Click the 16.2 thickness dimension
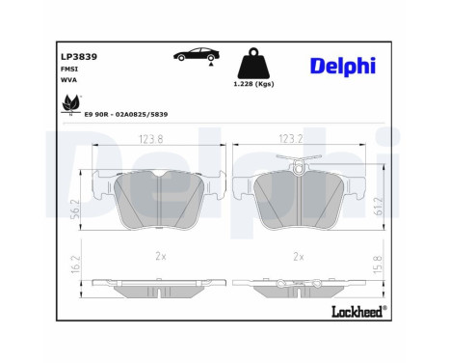point(76,263)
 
